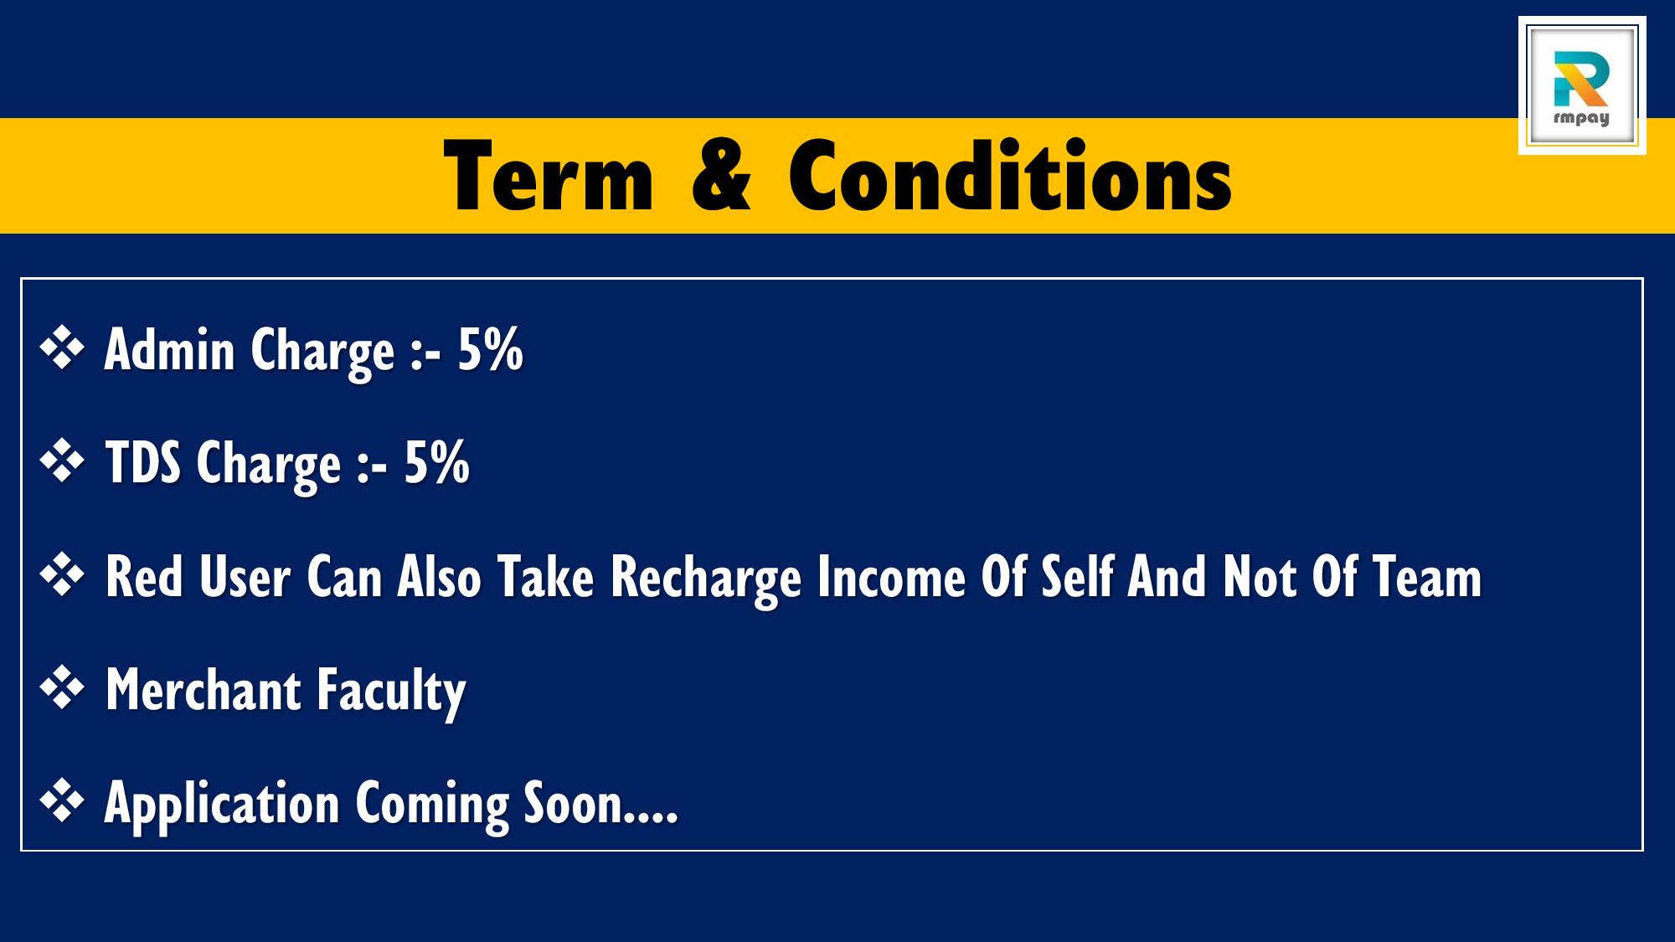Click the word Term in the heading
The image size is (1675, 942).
pyautogui.click(x=549, y=177)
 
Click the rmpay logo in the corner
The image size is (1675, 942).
pyautogui.click(x=1581, y=85)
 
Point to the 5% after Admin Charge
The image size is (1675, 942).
pyautogui.click(x=491, y=349)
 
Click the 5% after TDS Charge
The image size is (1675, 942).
pyautogui.click(x=437, y=462)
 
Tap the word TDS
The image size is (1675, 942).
pyautogui.click(x=143, y=462)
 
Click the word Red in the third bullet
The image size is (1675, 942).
pyautogui.click(x=145, y=577)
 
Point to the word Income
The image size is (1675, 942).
pyautogui.click(x=891, y=577)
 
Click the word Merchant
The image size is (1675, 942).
pyautogui.click(x=204, y=690)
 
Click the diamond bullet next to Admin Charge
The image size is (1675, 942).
pyautogui.click(x=63, y=347)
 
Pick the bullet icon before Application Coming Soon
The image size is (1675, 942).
pyautogui.click(x=63, y=801)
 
